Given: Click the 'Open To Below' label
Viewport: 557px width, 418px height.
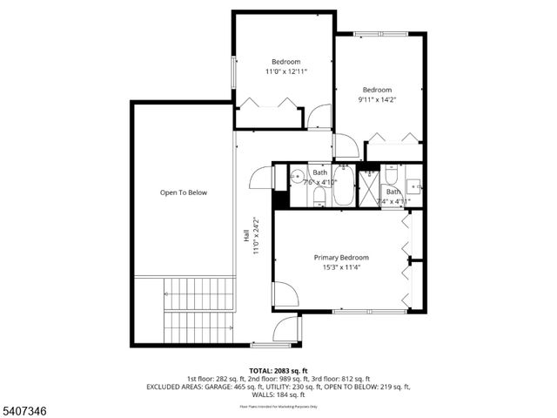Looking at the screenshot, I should coord(183,192).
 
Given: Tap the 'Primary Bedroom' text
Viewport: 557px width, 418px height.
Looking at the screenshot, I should coord(341,258).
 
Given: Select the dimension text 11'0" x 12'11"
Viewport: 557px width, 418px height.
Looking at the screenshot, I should coord(285,71).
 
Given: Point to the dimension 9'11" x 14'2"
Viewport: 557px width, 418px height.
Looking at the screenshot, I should coord(377,100).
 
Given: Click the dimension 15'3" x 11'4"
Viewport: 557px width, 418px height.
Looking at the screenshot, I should coord(341,268).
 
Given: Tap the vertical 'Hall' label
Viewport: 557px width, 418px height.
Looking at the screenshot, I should coord(247,235).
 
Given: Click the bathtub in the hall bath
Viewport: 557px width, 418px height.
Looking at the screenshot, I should coord(343,186).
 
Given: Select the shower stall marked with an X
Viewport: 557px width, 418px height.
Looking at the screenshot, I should coord(370,186).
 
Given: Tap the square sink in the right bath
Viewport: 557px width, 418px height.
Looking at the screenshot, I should coord(413,185).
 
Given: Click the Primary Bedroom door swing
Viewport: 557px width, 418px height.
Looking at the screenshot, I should coord(285,294).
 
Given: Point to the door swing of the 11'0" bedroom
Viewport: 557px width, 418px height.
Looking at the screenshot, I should coord(319,117).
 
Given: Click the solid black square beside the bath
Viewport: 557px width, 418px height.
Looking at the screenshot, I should coord(279,199).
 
